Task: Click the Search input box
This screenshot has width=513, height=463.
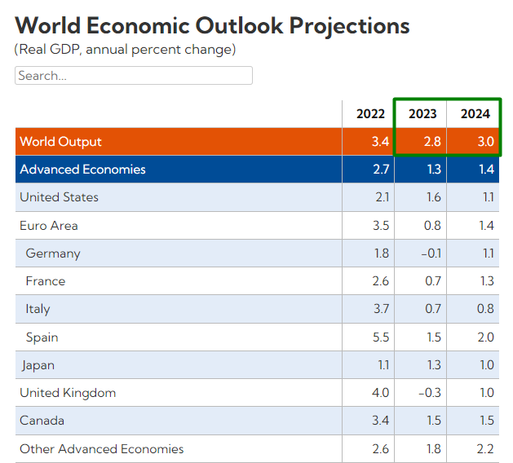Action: [134, 76]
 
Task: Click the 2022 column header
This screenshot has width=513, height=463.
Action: [371, 114]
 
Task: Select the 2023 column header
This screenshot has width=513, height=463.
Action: [422, 114]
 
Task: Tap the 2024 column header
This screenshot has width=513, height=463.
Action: [475, 114]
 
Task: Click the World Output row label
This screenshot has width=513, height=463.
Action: [61, 142]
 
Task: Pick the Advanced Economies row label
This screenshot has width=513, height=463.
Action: [82, 170]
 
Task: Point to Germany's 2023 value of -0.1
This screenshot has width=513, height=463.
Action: [431, 254]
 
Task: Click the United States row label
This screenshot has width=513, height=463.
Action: [59, 197]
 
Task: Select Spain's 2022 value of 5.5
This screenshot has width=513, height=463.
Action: [380, 337]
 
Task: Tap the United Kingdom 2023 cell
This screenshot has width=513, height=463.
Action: [431, 393]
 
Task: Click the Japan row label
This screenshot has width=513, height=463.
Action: [38, 365]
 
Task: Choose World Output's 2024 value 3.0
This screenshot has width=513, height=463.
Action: [485, 142]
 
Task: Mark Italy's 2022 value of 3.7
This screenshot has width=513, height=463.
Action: [380, 309]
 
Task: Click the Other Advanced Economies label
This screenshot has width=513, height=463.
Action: [102, 449]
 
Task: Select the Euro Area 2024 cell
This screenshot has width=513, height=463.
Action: [485, 226]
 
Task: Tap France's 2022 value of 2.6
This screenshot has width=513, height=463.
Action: [380, 281]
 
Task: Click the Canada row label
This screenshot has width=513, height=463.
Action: [42, 421]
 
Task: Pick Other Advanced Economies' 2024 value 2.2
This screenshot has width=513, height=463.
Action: [485, 449]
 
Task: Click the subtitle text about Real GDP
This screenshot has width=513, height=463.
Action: [125, 50]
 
